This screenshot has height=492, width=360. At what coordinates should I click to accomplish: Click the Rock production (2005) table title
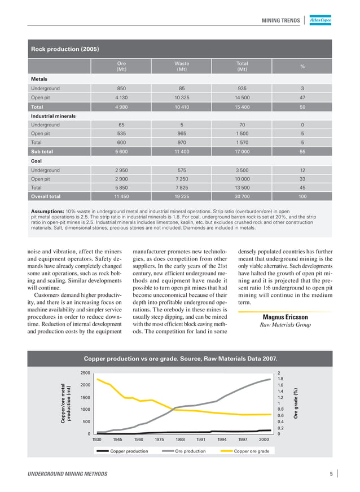pyautogui.click(x=65, y=49)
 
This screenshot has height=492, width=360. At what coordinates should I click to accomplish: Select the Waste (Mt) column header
pyautogui.click(x=182, y=67)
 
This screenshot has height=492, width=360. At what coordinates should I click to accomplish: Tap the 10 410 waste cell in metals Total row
pyautogui.click(x=182, y=107)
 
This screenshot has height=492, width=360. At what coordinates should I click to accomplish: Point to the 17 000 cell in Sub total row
pyautogui.click(x=242, y=152)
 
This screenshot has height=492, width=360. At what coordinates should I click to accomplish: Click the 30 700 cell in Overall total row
pyautogui.click(x=242, y=197)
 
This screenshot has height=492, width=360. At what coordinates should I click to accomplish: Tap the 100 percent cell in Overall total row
pyautogui.click(x=302, y=197)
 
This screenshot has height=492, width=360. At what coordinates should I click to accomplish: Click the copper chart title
pyautogui.click(x=181, y=358)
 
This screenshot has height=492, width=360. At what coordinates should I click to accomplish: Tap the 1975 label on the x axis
pyautogui.click(x=159, y=439)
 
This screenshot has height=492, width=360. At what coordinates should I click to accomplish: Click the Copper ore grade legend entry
pyautogui.click(x=252, y=451)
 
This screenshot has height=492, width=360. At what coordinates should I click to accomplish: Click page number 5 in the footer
pyautogui.click(x=331, y=474)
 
